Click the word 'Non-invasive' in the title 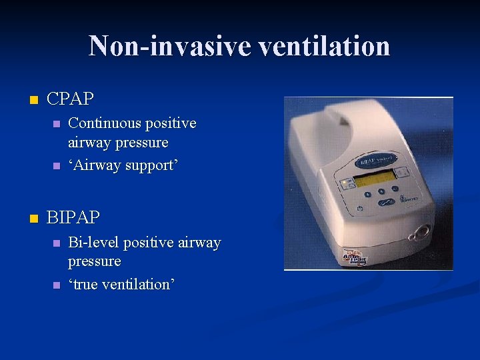pyautogui.click(x=169, y=47)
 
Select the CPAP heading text pyautogui.click(x=71, y=99)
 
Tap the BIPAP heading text pyautogui.click(x=73, y=217)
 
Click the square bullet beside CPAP pyautogui.click(x=31, y=101)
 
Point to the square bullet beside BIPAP pyautogui.click(x=31, y=219)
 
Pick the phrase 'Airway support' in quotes pyautogui.click(x=123, y=165)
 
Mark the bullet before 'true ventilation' pyautogui.click(x=56, y=285)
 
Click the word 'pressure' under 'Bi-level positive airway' pyautogui.click(x=94, y=261)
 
